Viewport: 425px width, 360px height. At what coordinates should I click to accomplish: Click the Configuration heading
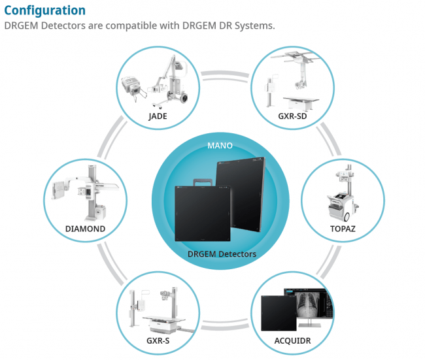(44, 10)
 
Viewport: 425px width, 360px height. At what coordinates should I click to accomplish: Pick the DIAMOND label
(85, 229)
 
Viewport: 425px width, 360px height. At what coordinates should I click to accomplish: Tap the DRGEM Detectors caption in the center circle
(222, 254)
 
